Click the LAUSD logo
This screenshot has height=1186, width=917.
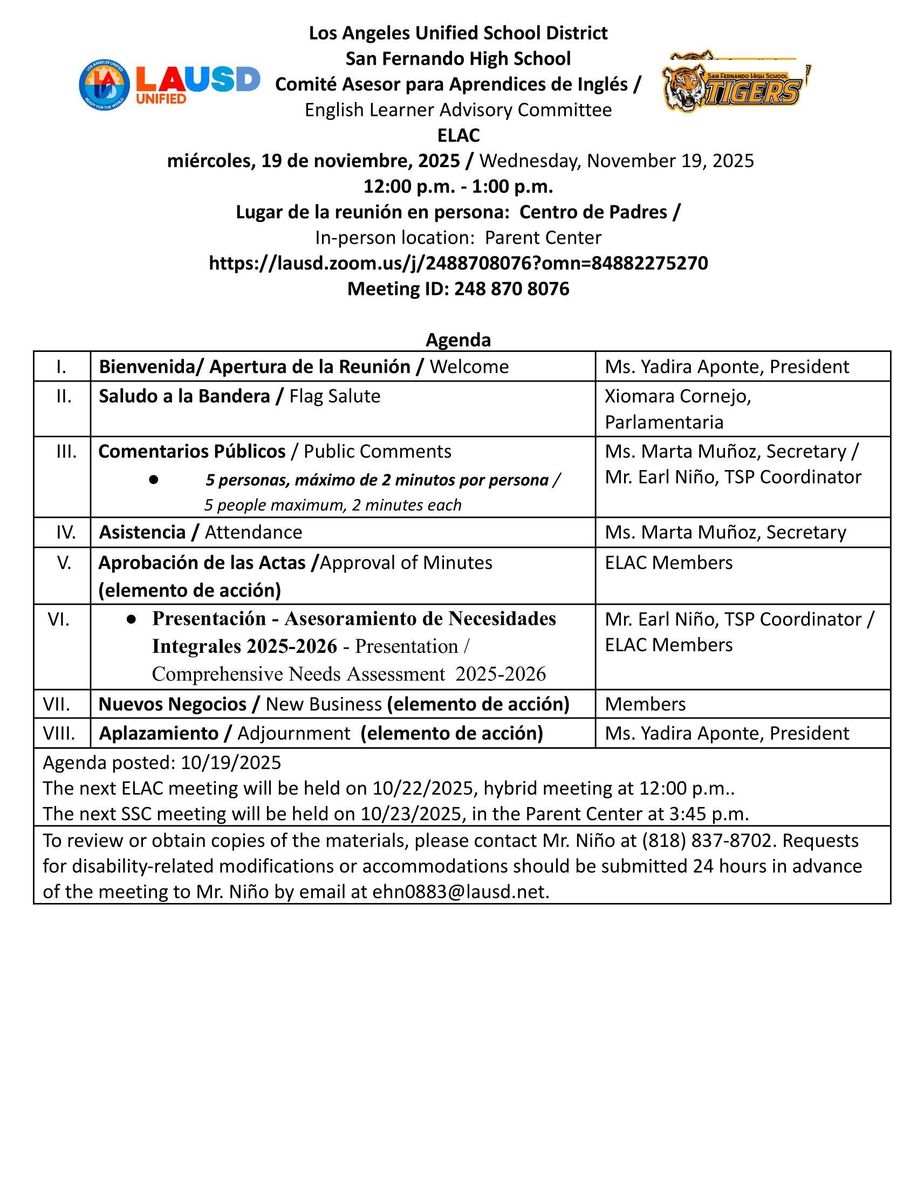click(x=169, y=85)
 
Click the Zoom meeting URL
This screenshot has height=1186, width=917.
click(x=458, y=263)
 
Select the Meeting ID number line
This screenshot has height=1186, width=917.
click(x=458, y=288)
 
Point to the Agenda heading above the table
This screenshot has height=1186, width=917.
click(x=458, y=340)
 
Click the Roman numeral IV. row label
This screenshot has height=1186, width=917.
click(x=66, y=532)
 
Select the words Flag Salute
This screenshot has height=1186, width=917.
click(x=334, y=396)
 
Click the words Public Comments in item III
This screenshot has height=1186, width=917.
click(x=377, y=451)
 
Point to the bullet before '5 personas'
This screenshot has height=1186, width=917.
click(x=153, y=480)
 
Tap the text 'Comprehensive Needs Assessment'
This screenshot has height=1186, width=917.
click(x=298, y=674)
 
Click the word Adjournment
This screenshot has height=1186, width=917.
click(x=293, y=733)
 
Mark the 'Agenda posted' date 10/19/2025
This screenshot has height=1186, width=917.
click(x=231, y=762)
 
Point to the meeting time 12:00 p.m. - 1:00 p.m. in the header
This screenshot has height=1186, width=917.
click(x=458, y=187)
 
